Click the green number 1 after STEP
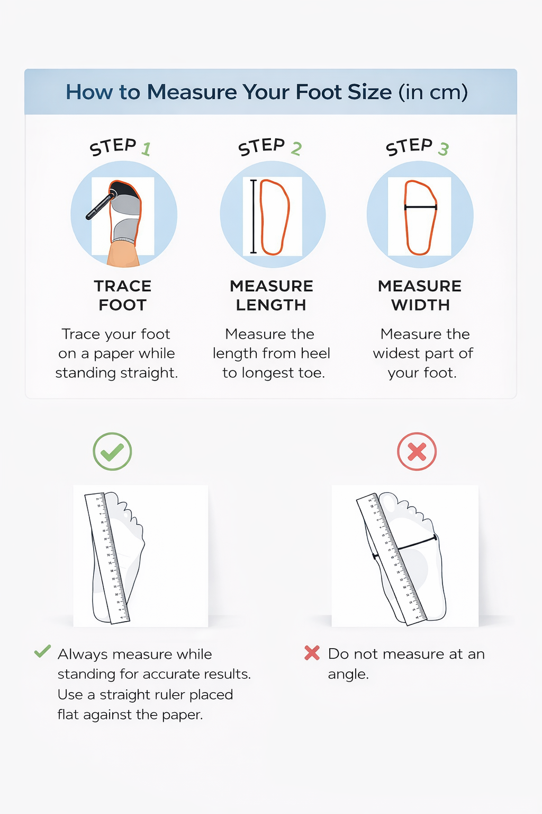click(146, 149)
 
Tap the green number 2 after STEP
click(296, 149)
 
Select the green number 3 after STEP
click(443, 149)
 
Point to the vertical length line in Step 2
click(254, 216)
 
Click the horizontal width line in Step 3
click(420, 207)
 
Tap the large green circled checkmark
click(112, 452)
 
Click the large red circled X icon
click(417, 452)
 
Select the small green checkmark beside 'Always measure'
click(42, 651)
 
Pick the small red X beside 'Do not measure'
click(312, 653)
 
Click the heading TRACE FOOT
click(123, 295)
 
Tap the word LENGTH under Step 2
click(271, 305)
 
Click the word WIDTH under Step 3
click(420, 305)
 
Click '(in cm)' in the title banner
click(433, 92)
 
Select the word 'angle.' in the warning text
click(348, 675)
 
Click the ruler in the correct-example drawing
click(107, 559)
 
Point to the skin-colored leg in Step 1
click(123, 255)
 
